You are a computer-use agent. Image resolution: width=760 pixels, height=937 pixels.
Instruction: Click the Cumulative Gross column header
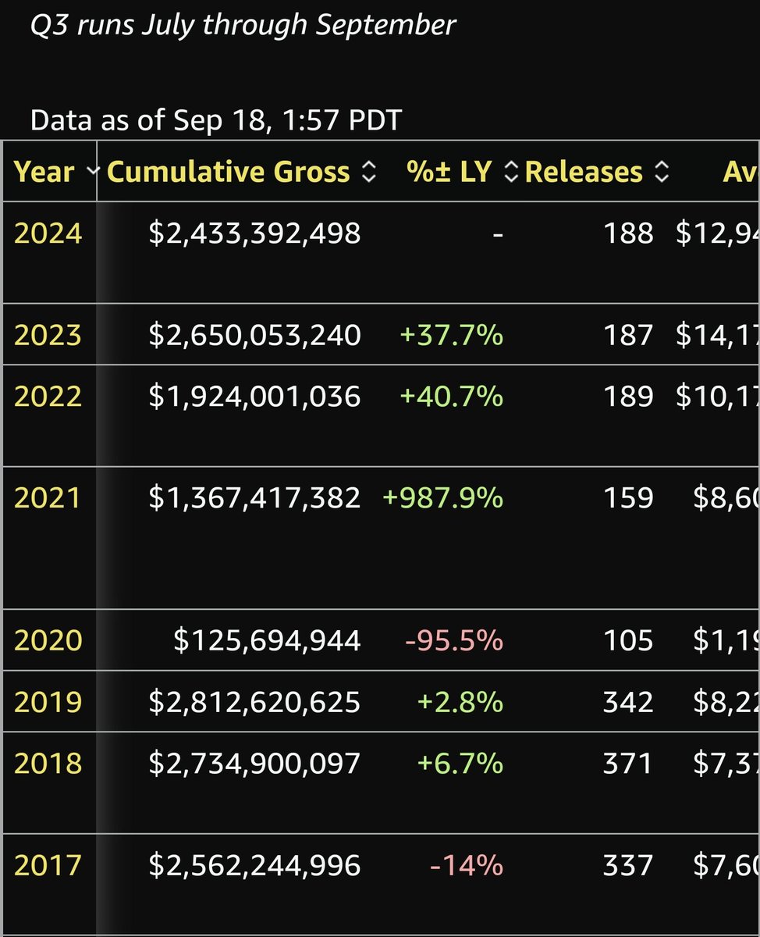(228, 172)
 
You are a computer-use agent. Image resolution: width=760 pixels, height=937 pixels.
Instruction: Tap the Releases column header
(584, 172)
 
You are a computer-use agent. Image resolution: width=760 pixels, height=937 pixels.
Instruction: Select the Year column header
(44, 172)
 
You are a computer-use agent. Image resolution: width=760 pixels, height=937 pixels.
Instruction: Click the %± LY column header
(449, 172)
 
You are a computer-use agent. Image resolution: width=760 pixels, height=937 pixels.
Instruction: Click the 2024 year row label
(48, 233)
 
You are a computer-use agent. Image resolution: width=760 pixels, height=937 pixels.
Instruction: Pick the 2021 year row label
(48, 497)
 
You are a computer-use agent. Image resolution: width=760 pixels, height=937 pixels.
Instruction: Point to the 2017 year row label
(48, 865)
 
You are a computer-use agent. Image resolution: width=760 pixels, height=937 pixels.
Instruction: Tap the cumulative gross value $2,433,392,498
(254, 233)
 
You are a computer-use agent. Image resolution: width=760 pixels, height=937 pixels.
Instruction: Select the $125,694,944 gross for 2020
(267, 640)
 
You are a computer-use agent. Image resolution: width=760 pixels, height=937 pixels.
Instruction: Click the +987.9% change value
(442, 497)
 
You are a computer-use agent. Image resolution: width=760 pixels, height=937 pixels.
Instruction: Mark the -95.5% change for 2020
(454, 640)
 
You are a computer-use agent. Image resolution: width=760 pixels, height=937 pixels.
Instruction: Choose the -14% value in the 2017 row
(467, 865)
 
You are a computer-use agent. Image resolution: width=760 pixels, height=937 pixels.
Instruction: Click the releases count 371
(627, 763)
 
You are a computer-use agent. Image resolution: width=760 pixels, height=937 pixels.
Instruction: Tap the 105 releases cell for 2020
(627, 640)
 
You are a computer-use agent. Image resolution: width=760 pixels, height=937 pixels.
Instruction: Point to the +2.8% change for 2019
(460, 702)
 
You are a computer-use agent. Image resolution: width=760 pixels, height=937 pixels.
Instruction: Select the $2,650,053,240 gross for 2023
(254, 335)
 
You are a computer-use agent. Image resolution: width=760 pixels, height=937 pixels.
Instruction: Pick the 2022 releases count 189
(627, 397)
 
